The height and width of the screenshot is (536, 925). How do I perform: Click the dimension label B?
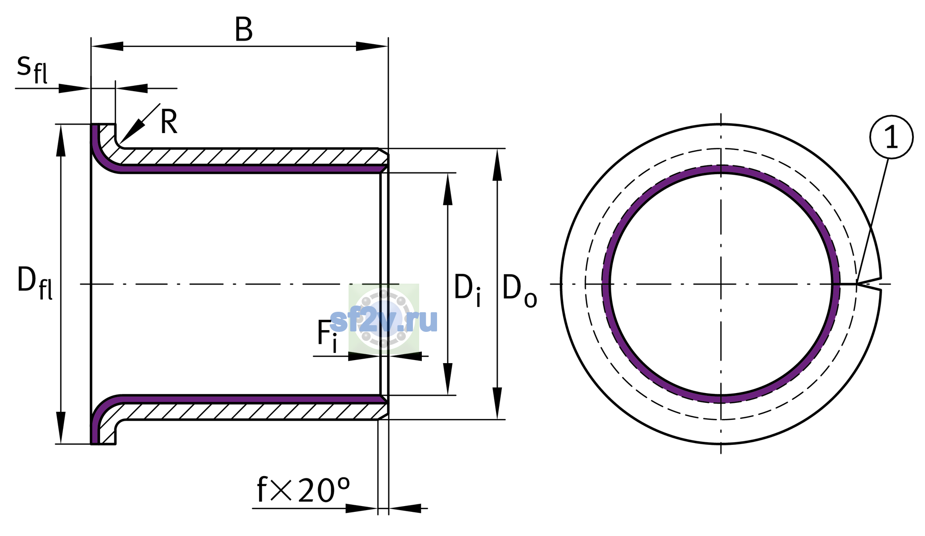pyautogui.click(x=244, y=30)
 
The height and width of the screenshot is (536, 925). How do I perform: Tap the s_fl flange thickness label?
pyautogui.click(x=32, y=69)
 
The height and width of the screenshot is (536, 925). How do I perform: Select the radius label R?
pyautogui.click(x=169, y=121)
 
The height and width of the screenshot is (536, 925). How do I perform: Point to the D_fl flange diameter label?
pyautogui.click(x=35, y=283)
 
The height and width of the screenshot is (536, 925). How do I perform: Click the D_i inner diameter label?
pyautogui.click(x=467, y=290)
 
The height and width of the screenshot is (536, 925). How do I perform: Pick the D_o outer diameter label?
pyautogui.click(x=520, y=290)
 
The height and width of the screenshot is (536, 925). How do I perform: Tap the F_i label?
pyautogui.click(x=327, y=336)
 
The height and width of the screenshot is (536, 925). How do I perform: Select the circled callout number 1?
pyautogui.click(x=891, y=137)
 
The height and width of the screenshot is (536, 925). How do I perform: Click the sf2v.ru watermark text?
pyautogui.click(x=384, y=320)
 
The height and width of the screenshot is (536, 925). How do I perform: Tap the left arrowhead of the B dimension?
pyautogui.click(x=107, y=46)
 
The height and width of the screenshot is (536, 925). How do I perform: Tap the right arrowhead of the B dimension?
pyautogui.click(x=372, y=46)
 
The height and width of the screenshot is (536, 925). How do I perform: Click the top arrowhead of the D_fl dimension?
pyautogui.click(x=61, y=140)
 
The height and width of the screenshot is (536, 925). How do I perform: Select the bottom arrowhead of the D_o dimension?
pyautogui.click(x=497, y=403)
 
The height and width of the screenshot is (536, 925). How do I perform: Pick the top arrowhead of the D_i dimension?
pyautogui.click(x=448, y=189)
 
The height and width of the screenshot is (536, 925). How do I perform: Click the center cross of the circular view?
pyautogui.click(x=721, y=284)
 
